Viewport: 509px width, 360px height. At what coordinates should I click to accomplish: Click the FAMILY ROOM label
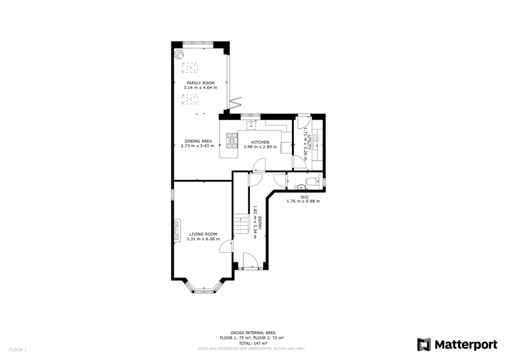tap(200, 82)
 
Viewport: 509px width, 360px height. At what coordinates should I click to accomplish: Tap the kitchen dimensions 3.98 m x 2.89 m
tap(260, 148)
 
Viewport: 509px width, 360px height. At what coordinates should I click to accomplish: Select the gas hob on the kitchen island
tap(232, 140)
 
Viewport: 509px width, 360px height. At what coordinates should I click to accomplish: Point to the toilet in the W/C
tap(311, 182)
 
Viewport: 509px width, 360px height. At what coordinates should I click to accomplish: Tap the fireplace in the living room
tap(176, 230)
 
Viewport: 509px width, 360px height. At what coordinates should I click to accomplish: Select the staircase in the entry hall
tap(242, 224)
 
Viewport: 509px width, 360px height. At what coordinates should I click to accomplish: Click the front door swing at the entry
tap(250, 260)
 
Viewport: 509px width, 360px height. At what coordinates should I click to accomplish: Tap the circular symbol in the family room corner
tap(178, 53)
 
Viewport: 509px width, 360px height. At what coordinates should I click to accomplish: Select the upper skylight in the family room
tap(190, 67)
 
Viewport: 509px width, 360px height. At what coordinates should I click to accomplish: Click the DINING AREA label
tap(198, 141)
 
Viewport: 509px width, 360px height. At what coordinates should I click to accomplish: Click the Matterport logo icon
tap(424, 345)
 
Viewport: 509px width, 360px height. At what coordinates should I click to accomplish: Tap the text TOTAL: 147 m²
tap(253, 343)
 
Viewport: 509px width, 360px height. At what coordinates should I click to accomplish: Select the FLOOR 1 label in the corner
tap(17, 350)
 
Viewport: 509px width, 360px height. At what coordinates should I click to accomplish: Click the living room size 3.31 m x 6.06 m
tap(203, 239)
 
